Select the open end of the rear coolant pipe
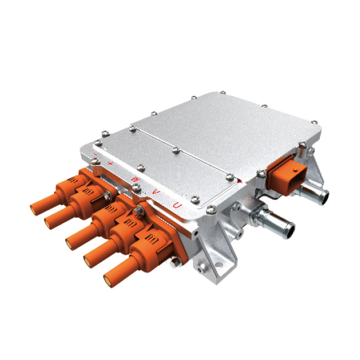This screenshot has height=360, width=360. click(322, 198)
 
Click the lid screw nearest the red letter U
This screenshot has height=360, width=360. click(195, 198)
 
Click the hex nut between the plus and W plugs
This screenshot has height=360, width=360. click(108, 195)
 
